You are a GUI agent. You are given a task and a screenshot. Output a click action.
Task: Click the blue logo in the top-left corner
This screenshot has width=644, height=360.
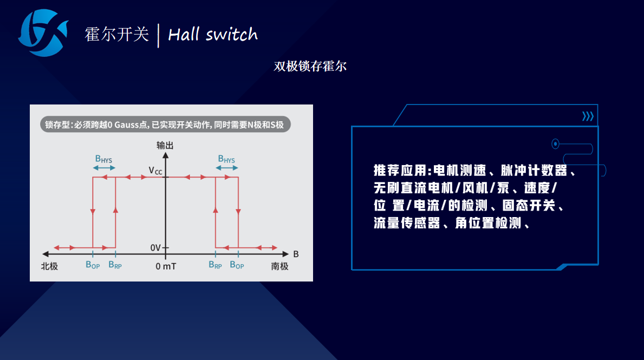(x=43, y=33)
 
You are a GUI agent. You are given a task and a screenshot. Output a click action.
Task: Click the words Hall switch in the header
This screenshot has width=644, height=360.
(x=213, y=35)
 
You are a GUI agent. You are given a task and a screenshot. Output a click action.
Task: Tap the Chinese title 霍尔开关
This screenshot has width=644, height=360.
(x=116, y=35)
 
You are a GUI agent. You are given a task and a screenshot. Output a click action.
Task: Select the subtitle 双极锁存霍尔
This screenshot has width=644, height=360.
(x=310, y=66)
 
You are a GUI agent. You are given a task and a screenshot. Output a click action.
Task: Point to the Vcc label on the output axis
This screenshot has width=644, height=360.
(x=155, y=171)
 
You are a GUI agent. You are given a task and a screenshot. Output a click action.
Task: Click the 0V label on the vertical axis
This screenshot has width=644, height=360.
(x=155, y=247)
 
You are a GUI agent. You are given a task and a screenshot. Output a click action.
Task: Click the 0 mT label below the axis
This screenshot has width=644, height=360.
(x=166, y=266)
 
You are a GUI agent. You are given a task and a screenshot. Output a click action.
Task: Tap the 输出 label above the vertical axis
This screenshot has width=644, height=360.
(x=165, y=145)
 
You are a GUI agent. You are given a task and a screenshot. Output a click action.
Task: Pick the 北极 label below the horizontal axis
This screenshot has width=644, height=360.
(x=49, y=266)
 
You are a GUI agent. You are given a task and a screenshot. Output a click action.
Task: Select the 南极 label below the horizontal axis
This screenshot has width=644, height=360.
(x=279, y=266)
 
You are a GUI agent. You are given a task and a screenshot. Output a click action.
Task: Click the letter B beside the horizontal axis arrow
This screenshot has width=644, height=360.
(x=296, y=254)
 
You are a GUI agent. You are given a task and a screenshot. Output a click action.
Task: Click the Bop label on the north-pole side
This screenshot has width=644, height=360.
(x=93, y=265)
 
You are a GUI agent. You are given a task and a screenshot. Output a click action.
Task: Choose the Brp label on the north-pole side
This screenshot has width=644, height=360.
(x=115, y=265)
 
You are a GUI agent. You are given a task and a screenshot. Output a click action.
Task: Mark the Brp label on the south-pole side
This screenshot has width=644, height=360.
(x=215, y=265)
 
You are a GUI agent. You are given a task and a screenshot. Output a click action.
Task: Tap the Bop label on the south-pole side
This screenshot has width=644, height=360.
(x=237, y=265)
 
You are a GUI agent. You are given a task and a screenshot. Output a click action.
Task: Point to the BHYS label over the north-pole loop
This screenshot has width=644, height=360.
(x=103, y=159)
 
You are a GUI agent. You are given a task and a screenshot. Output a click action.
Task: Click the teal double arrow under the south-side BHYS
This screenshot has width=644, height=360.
(x=227, y=168)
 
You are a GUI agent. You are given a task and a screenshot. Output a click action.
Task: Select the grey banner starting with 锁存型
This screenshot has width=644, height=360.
(x=165, y=125)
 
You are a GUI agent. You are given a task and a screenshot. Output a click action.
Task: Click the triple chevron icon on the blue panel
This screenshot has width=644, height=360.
(x=588, y=116)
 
